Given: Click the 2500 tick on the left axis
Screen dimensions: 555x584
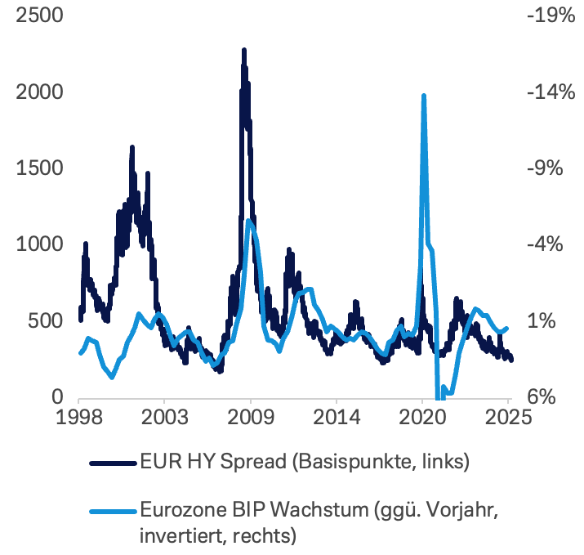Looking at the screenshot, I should pos(35,16).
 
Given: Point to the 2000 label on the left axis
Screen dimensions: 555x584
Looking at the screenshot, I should pos(35,92).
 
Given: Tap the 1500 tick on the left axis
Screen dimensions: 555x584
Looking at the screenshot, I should pos(35,168).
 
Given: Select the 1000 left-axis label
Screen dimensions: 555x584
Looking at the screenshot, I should pos(35,244).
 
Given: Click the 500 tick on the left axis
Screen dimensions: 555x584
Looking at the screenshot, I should pos(42,320).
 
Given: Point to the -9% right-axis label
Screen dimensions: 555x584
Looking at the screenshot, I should pos(551,168).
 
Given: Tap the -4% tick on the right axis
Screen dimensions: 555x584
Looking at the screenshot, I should pos(551,244).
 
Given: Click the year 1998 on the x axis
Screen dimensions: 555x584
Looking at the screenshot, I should pos(79,416).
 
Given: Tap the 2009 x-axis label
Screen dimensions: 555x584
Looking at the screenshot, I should pos(250,416).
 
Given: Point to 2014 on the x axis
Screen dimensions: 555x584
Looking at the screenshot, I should pos(337,416).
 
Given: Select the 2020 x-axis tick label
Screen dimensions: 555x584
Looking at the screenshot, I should pos(421,416).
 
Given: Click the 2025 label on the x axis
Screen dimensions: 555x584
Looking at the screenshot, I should pos(507,416).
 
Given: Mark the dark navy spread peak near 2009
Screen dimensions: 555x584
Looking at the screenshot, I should pos(243,51).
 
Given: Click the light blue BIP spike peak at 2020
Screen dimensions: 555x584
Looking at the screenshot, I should pos(423,96).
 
